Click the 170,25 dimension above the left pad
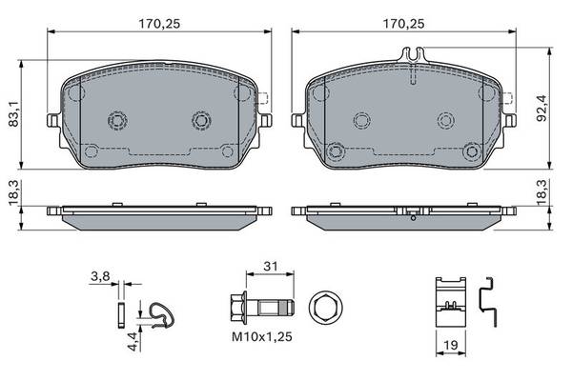(x=159, y=24)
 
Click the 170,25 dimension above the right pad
(x=403, y=24)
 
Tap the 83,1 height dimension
(x=13, y=114)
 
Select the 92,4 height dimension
(x=541, y=108)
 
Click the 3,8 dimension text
(x=100, y=277)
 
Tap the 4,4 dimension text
(x=133, y=342)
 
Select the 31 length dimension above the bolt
(x=271, y=266)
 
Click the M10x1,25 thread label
(x=262, y=336)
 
